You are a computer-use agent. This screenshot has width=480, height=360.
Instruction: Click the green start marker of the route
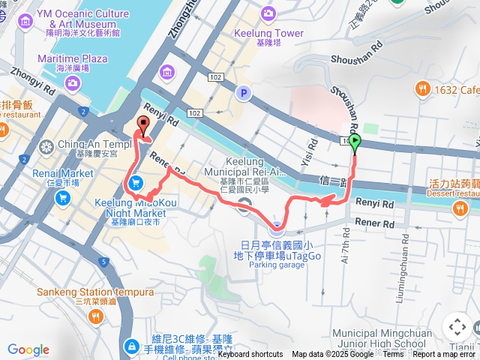pyautogui.click(x=354, y=141)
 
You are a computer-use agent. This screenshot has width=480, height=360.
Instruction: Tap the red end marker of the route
pyautogui.click(x=142, y=124)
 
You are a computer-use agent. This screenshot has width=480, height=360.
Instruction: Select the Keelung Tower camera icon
pyautogui.click(x=268, y=13)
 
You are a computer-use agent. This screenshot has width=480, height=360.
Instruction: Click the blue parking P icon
pyautogui.click(x=242, y=93)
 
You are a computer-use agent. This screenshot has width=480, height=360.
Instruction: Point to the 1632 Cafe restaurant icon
pyautogui.click(x=423, y=90)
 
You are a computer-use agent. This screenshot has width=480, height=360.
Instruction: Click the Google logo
pyautogui.click(x=28, y=349)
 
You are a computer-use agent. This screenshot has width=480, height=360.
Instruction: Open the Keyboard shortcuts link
pyautogui.click(x=250, y=355)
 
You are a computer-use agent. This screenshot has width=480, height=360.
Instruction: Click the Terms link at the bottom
pyautogui.click(x=393, y=355)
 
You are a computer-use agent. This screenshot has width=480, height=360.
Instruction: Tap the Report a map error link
pyautogui.click(x=444, y=355)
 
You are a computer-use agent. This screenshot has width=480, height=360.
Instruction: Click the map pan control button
pyautogui.click(x=457, y=327)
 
